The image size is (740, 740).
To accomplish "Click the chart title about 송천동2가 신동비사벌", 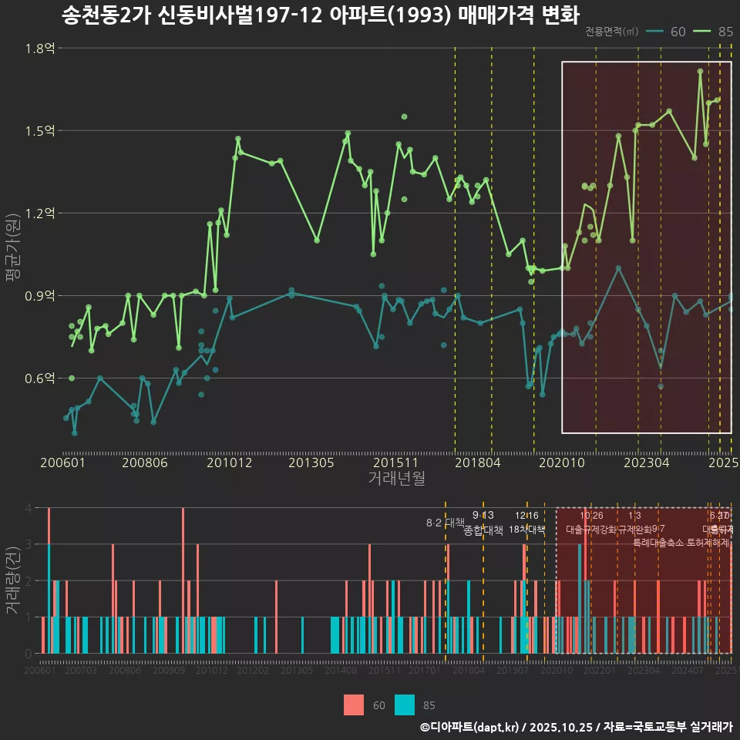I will point(320,15).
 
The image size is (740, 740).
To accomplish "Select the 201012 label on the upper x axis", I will point(229,463).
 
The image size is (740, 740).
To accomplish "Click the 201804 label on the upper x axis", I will point(478,463).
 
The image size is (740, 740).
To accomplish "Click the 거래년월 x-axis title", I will point(396,479).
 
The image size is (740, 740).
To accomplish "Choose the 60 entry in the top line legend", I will point(668,32).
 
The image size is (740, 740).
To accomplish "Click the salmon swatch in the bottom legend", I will point(354,705).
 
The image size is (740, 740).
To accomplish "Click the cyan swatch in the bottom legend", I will point(405,705).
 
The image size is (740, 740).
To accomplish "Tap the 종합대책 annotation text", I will point(483,530).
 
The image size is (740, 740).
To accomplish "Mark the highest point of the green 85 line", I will point(700,71).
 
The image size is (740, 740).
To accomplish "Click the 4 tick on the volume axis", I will point(28,508).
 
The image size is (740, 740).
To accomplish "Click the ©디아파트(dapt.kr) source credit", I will point(470,727).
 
